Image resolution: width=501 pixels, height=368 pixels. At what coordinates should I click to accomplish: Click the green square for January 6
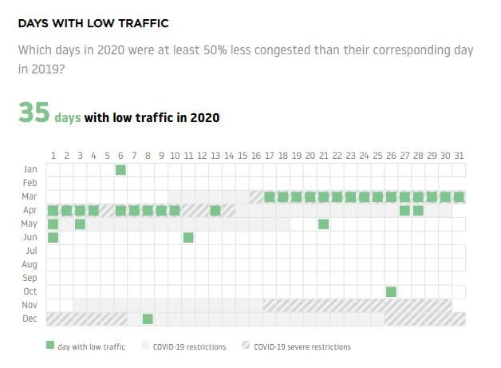click(120, 170)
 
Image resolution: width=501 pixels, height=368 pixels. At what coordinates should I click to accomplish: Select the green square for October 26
click(391, 291)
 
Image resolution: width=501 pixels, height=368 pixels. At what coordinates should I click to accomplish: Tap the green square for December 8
click(148, 319)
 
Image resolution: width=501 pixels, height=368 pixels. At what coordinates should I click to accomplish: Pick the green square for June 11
click(188, 238)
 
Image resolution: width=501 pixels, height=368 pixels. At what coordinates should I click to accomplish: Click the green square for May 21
click(323, 224)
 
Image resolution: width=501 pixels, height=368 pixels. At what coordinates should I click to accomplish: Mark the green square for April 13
click(215, 211)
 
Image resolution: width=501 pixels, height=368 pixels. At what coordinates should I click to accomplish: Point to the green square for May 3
click(80, 224)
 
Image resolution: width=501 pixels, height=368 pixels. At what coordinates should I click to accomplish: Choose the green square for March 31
click(459, 197)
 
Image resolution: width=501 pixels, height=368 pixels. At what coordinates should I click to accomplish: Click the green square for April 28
click(418, 211)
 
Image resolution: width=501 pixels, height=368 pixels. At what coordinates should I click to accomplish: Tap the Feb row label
click(30, 183)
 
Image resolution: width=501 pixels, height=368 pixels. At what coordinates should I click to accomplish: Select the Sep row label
click(30, 278)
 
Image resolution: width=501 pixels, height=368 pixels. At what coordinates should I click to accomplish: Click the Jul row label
click(31, 251)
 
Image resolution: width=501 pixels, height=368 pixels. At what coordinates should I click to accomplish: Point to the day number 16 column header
click(256, 156)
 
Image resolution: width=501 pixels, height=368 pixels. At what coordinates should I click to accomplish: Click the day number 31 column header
click(459, 156)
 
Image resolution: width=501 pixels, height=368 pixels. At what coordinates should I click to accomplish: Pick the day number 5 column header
click(107, 156)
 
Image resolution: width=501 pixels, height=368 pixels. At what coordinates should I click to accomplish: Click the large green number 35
click(34, 113)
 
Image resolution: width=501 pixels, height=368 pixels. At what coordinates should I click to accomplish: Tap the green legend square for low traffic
click(50, 346)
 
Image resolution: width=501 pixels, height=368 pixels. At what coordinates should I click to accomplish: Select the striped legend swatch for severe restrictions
click(246, 346)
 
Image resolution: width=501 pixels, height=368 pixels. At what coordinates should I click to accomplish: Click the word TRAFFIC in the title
click(144, 23)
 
